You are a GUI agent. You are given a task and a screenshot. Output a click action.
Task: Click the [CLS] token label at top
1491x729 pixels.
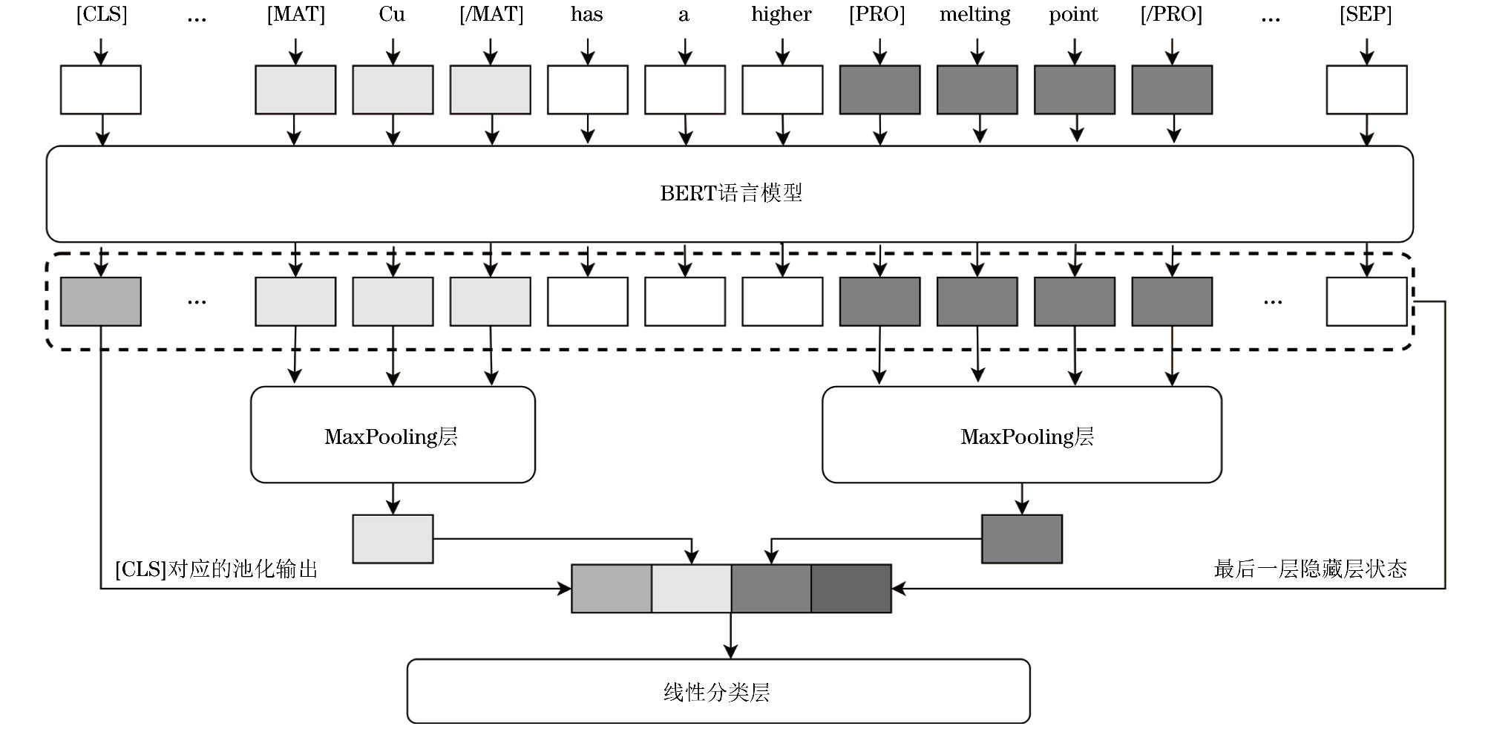click(x=102, y=15)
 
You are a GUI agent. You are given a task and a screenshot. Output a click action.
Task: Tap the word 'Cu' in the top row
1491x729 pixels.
click(x=392, y=15)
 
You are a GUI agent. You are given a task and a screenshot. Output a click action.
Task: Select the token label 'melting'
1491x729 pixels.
click(x=975, y=15)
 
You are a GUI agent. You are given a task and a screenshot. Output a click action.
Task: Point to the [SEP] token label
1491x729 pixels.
click(x=1366, y=15)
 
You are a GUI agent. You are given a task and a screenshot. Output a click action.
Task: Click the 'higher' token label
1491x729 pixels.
click(x=781, y=15)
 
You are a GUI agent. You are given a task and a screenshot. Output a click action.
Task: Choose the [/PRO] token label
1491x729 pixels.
click(x=1171, y=15)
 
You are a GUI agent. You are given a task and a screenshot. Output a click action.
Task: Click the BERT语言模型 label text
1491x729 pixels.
click(x=731, y=194)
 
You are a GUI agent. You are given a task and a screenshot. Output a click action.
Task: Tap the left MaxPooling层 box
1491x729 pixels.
click(x=393, y=435)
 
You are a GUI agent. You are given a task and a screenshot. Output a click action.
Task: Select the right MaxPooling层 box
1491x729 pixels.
click(x=1021, y=435)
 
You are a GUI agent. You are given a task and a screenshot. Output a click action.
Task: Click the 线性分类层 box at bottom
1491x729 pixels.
click(x=718, y=692)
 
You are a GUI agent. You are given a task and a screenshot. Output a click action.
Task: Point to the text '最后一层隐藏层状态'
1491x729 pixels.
click(x=1310, y=569)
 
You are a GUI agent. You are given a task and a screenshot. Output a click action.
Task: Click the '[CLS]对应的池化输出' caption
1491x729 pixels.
click(x=217, y=569)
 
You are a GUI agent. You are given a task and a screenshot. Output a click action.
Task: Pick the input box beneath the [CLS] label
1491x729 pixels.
click(x=101, y=90)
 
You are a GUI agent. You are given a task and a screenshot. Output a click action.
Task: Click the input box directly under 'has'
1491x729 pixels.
click(x=588, y=90)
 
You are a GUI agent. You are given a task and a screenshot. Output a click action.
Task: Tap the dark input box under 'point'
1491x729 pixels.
click(x=1075, y=90)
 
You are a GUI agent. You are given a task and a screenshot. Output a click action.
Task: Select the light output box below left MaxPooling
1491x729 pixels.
click(x=393, y=539)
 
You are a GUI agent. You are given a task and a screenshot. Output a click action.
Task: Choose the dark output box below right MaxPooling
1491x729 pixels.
click(x=1022, y=539)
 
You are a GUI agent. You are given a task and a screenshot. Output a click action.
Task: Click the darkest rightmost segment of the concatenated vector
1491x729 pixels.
click(x=851, y=589)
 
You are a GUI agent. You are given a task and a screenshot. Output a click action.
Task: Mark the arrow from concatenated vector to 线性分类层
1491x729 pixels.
click(x=731, y=636)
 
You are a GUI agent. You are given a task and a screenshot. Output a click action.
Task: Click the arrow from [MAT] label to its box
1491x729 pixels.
click(x=295, y=51)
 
